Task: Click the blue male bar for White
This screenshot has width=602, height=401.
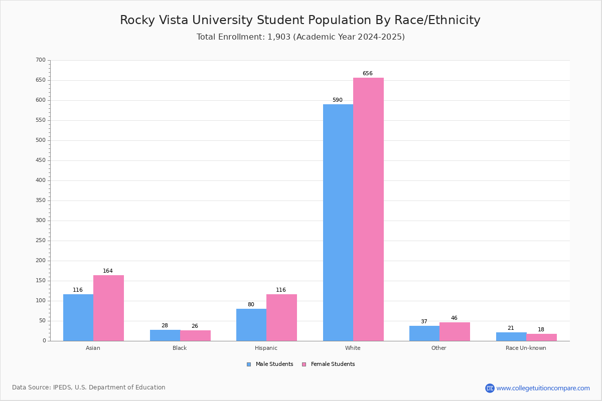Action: click(338, 223)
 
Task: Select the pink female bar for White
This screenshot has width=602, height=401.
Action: click(368, 210)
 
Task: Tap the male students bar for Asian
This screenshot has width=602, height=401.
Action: click(78, 318)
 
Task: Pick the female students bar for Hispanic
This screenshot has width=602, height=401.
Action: click(281, 318)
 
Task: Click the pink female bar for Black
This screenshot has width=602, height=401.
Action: click(195, 336)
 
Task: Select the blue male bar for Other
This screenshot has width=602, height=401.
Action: click(424, 334)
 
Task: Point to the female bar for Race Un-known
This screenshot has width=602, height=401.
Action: click(541, 338)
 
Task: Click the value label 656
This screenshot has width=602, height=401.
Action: click(368, 73)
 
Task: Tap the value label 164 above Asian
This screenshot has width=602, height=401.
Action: click(108, 271)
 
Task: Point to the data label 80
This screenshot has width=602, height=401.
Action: click(251, 304)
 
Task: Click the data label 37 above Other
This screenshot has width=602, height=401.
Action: click(424, 321)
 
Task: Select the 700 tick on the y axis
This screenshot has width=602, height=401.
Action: click(41, 60)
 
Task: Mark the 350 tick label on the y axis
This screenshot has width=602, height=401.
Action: click(41, 200)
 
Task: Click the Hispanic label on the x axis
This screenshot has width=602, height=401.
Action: click(266, 348)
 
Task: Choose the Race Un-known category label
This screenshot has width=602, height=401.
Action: click(526, 348)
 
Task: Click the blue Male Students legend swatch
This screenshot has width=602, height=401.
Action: click(249, 364)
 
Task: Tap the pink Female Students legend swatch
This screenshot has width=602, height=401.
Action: click(304, 364)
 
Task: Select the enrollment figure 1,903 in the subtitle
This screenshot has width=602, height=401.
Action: click(279, 37)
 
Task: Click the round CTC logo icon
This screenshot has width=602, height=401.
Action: click(490, 388)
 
